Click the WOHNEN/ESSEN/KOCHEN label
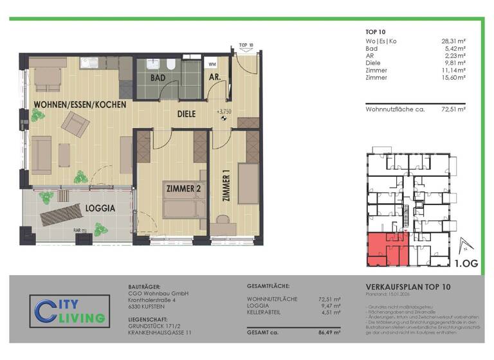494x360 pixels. point(80,104)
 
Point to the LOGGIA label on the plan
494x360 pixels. point(100,208)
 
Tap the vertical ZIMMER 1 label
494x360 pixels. point(226,187)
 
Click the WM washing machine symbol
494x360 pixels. point(212,64)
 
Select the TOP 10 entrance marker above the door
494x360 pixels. point(246,46)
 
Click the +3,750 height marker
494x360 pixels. point(224,111)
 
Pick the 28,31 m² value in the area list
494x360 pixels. point(453,41)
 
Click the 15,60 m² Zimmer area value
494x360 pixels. point(453,77)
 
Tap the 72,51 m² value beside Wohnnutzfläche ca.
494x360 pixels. point(453,110)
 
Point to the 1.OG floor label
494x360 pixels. point(466,263)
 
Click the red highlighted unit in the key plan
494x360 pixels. point(385,249)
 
